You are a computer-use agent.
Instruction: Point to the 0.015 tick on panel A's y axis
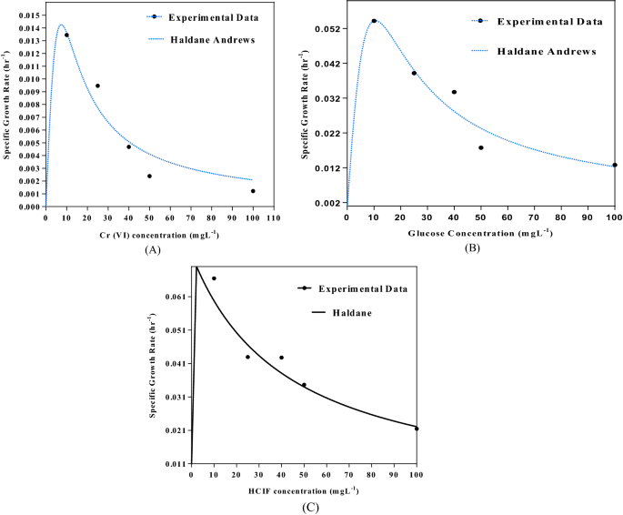point(28,15)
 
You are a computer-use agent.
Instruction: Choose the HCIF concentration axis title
point(303,491)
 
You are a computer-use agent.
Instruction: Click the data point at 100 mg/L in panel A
point(253,191)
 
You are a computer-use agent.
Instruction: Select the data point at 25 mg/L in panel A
point(97,86)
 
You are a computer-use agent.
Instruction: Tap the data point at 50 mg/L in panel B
point(481,147)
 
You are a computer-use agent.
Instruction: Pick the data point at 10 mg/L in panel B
point(374,21)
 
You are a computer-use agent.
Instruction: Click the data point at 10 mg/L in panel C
point(214,278)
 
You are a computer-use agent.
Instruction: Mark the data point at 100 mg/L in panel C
point(417,429)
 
